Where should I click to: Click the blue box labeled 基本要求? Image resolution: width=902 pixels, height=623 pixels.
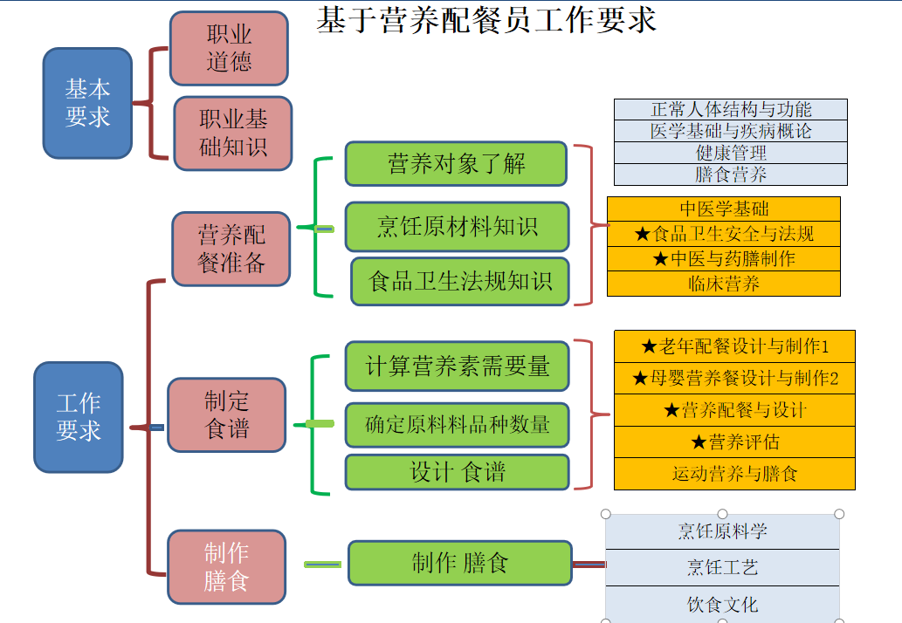point(87,103)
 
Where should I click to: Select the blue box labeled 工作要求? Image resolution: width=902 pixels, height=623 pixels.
point(79,417)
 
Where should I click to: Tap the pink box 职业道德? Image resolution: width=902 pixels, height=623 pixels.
point(229,48)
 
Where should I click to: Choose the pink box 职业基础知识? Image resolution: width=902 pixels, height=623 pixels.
point(232,133)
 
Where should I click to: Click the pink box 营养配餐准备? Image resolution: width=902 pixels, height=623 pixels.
point(231,249)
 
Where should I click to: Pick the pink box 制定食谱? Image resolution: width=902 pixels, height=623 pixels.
point(227,414)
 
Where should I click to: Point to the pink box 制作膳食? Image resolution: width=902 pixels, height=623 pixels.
point(227,566)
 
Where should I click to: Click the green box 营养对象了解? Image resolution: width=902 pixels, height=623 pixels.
point(456,163)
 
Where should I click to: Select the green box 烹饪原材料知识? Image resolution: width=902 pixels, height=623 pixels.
point(457,227)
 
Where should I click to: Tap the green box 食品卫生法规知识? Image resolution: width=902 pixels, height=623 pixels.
point(460,281)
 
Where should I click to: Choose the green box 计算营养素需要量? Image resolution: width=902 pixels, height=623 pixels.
point(457,366)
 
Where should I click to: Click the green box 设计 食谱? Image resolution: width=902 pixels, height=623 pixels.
point(457,472)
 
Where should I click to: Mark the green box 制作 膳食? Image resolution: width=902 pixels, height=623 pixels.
point(460,563)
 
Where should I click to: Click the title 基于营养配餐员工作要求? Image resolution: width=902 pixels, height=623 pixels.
point(486,19)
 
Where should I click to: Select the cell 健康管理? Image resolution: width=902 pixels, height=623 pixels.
point(731,153)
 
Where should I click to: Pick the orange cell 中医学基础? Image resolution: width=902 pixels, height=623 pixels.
point(724,209)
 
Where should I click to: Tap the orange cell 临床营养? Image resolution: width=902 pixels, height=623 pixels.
point(724,284)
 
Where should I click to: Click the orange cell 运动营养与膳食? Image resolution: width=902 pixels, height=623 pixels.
point(734,474)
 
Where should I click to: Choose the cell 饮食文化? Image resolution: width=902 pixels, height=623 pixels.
point(722,604)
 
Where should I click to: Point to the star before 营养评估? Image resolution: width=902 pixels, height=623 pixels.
point(698,442)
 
